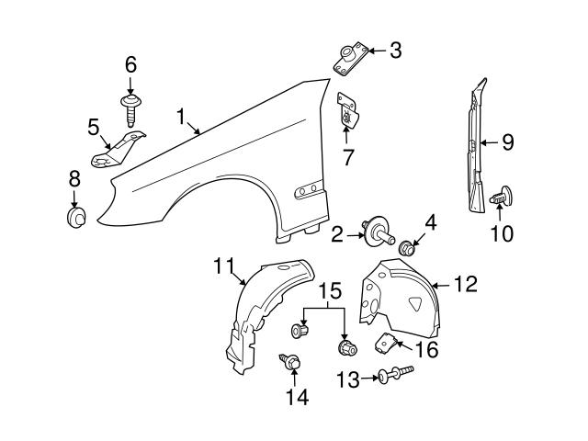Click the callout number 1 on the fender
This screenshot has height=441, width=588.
183,117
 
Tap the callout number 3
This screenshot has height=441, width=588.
395,51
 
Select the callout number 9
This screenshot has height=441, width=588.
507,142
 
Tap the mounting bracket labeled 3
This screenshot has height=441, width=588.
349,59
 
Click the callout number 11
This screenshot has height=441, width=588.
224,267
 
